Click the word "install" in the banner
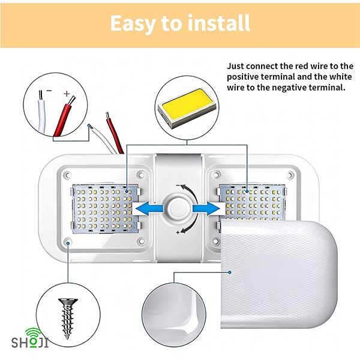tap(219, 23)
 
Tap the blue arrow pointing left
tap(149, 209)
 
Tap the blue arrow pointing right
tap(206, 208)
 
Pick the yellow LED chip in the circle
tap(187, 107)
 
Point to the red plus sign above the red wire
tap(67, 94)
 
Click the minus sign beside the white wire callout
tap(49, 91)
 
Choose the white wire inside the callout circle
tap(42, 113)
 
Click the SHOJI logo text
tap(30, 343)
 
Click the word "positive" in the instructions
tap(242, 77)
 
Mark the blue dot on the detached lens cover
tap(230, 272)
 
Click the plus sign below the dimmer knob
tap(178, 232)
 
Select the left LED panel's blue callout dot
tap(127, 191)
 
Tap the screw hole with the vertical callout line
tap(68, 242)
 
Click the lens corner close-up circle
tap(174, 315)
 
